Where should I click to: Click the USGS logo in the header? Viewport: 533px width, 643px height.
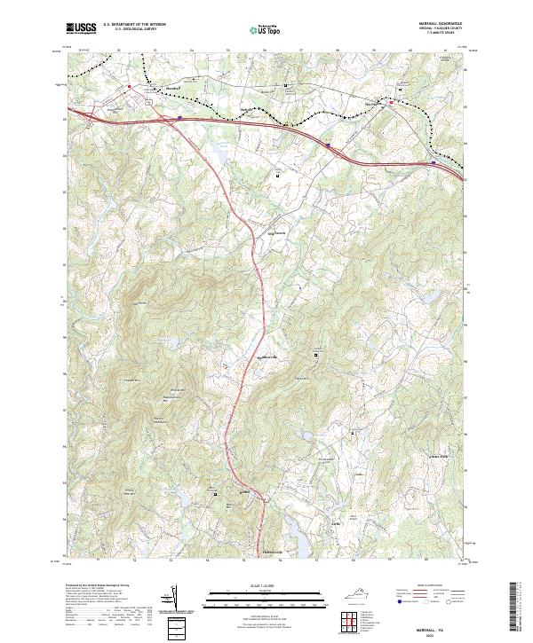81,27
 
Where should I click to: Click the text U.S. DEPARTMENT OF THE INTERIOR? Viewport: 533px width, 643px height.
134,25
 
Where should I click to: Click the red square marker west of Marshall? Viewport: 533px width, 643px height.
130,86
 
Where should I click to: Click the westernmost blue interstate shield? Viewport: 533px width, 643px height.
179,115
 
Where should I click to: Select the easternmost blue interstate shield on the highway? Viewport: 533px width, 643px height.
434,162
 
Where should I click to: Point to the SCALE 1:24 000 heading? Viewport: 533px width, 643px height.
266,584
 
